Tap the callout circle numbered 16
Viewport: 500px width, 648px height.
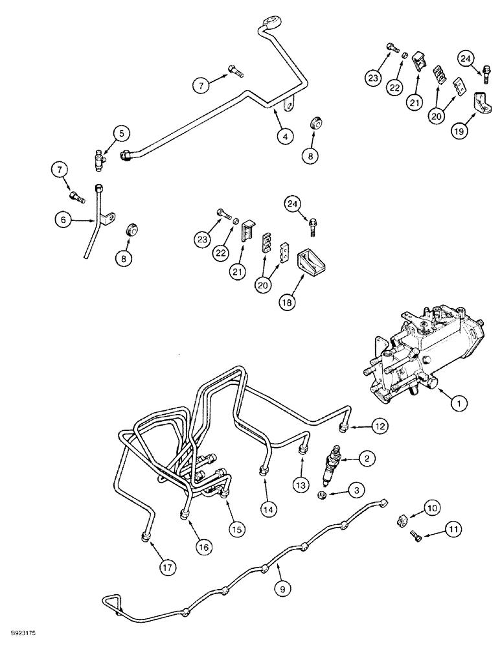(x=204, y=547)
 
